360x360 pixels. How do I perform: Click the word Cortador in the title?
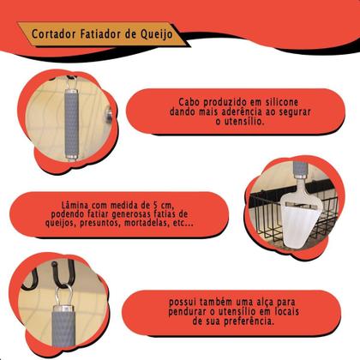[54, 33]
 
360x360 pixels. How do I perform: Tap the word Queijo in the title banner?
[156, 34]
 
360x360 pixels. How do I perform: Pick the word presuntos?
[100, 223]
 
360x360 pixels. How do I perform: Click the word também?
[217, 302]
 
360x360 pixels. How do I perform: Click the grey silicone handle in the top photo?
[71, 123]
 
